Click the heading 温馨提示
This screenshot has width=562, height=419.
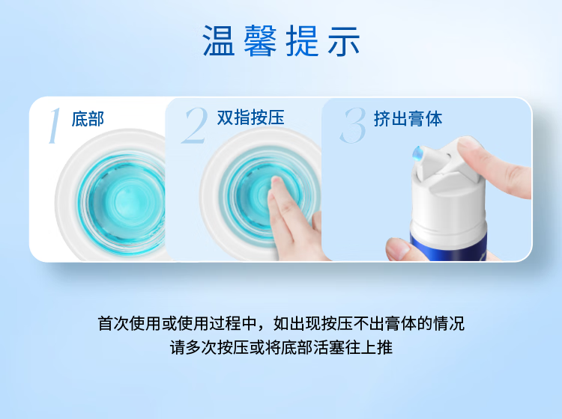tap(281, 41)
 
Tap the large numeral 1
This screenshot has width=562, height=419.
tap(55, 126)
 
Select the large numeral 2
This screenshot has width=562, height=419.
tap(195, 126)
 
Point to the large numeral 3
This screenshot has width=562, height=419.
tap(354, 126)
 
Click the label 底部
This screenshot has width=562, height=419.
tap(88, 119)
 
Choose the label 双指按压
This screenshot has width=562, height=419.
tap(250, 117)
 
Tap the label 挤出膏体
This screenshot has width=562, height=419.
tap(408, 118)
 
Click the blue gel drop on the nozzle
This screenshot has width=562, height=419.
tap(417, 153)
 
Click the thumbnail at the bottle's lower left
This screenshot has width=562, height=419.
tap(397, 248)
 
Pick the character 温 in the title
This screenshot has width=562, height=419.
tap(219, 41)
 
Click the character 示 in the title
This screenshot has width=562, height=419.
tap(344, 41)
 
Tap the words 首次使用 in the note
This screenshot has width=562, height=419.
tap(130, 323)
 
